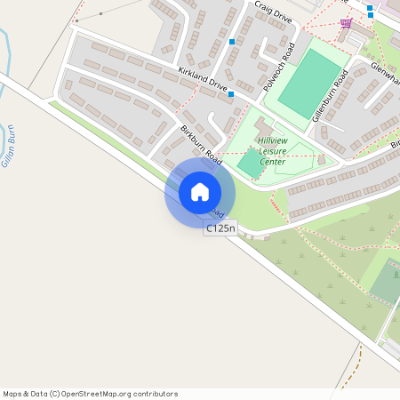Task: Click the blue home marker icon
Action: pos(200,191)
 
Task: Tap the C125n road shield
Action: pos(220,228)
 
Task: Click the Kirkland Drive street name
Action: pos(203,80)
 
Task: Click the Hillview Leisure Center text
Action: pos(272,151)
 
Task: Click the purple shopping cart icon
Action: pos(346,22)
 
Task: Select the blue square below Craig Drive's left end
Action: pos(232,42)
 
